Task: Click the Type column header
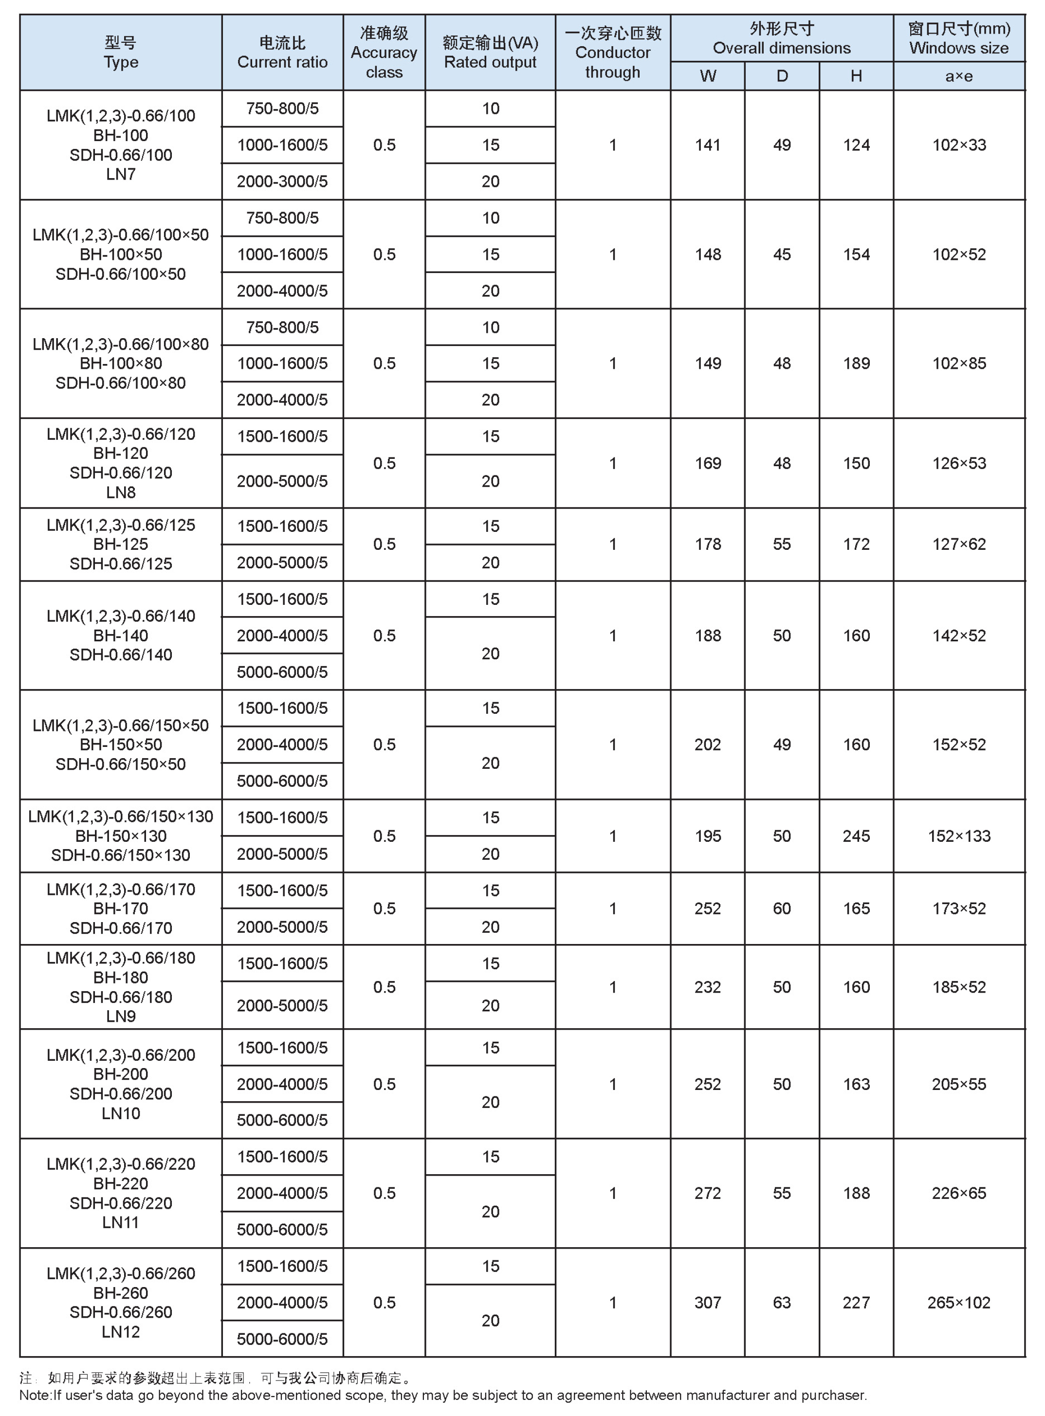121,53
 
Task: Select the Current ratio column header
282,53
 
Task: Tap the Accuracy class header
384,53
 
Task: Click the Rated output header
490,53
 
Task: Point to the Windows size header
959,38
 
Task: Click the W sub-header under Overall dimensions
708,76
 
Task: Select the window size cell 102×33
959,145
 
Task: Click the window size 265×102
959,1302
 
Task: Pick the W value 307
708,1302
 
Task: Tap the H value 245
857,836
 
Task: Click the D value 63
782,1302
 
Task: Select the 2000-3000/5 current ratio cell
282,182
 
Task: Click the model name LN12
121,1331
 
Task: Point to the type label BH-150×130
121,836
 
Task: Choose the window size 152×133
959,836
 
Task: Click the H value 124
857,145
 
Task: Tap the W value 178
708,544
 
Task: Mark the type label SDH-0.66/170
121,928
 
